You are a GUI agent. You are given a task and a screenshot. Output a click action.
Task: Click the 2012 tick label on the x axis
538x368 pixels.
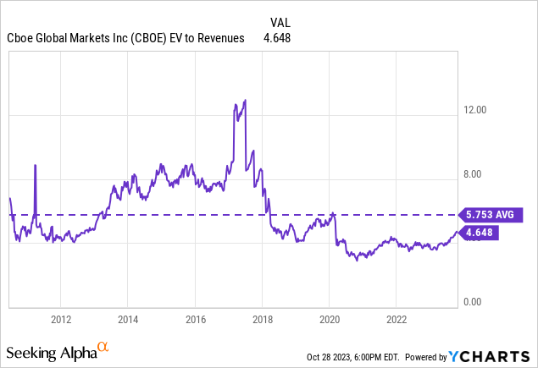[60, 319]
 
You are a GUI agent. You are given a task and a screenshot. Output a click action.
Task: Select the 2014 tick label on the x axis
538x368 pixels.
[127, 319]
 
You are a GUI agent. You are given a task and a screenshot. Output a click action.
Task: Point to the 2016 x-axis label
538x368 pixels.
[195, 319]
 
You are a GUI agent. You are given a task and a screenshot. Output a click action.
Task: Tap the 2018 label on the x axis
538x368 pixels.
[262, 319]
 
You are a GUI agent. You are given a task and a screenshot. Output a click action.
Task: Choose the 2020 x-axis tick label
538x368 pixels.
[330, 319]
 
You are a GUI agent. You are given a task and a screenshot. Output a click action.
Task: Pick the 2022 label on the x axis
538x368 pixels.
[397, 319]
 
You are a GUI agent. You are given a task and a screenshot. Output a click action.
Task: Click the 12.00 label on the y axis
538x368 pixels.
[475, 110]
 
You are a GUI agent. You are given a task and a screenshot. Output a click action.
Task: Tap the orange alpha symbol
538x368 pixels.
[103, 346]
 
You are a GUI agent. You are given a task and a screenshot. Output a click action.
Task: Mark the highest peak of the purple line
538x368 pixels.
[245, 100]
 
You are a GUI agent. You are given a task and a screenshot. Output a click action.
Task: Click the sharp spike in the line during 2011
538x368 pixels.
[35, 165]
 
